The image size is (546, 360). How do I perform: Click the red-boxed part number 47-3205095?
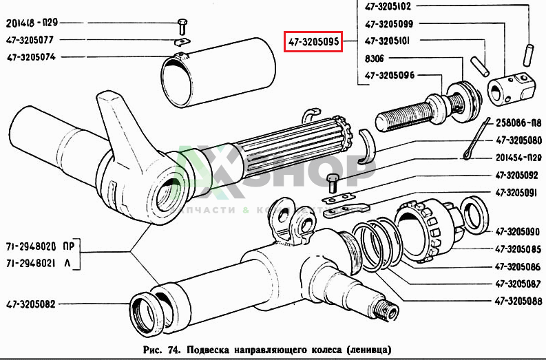313,42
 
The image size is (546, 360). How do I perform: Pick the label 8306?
376,59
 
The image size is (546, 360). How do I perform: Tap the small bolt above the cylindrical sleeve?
182,26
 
